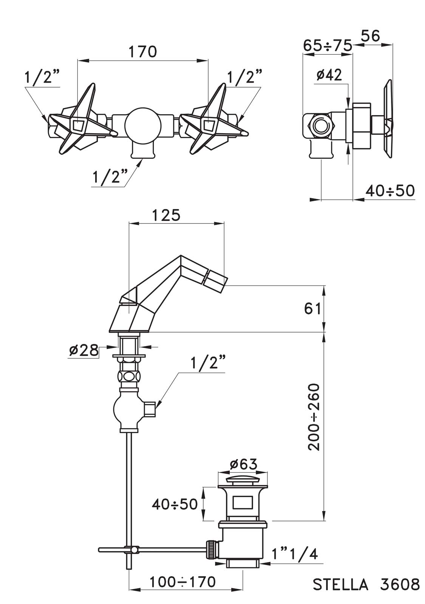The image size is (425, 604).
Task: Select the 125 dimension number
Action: click(x=166, y=215)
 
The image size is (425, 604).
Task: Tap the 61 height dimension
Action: click(x=312, y=309)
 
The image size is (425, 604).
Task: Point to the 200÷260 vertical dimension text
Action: click(x=314, y=417)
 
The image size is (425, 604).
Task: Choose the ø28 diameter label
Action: click(x=84, y=351)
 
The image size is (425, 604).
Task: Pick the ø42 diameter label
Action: click(x=329, y=75)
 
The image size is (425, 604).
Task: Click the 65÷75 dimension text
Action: click(x=328, y=45)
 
